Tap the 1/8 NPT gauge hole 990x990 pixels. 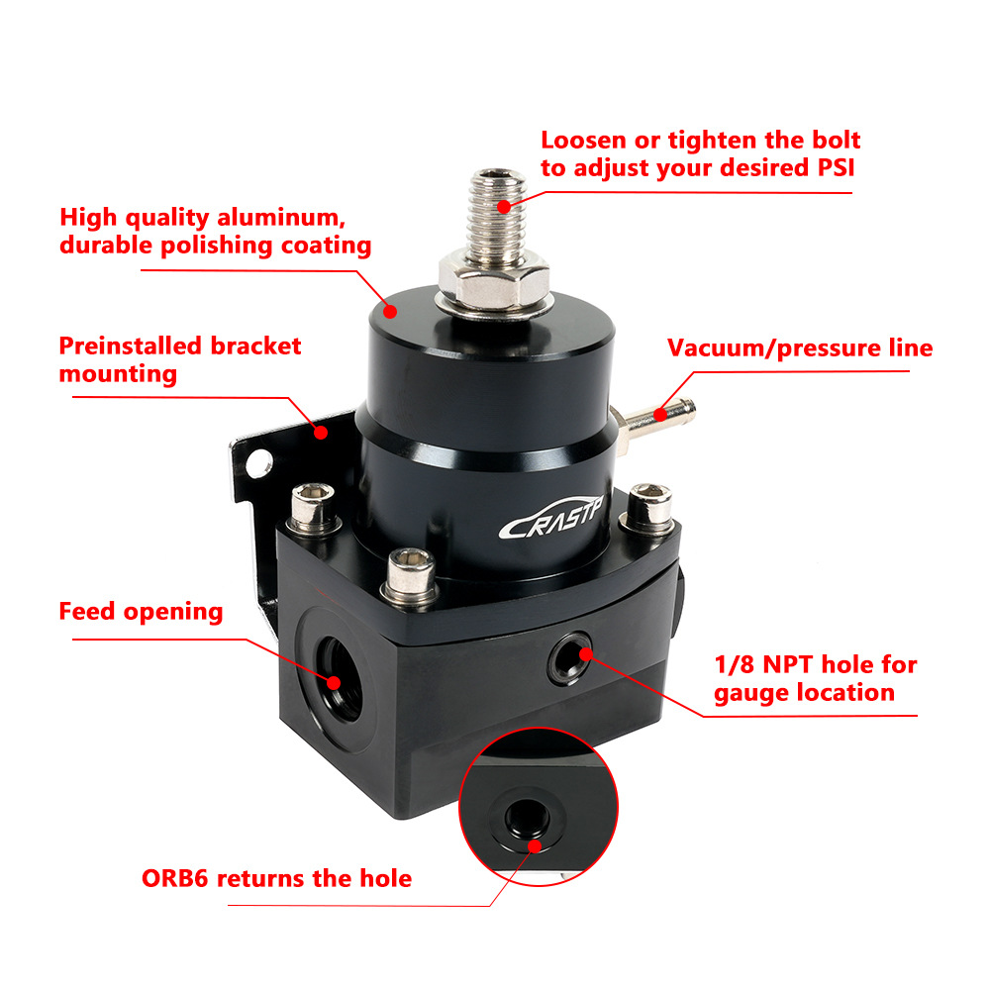(x=571, y=658)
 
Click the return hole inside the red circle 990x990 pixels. (x=528, y=817)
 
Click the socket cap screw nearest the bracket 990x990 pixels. (x=313, y=508)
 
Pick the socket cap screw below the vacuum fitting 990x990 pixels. (x=648, y=508)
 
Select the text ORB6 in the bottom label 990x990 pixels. (x=175, y=878)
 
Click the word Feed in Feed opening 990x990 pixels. (x=87, y=611)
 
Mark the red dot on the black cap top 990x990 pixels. (x=390, y=311)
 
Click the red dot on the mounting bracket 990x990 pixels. (x=321, y=433)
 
